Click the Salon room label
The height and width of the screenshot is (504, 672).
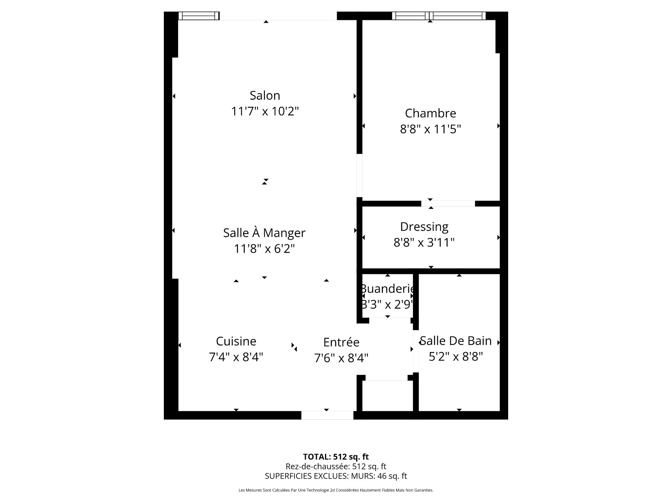click(x=265, y=96)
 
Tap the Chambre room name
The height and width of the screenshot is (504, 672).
click(x=430, y=113)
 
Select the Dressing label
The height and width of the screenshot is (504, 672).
click(x=424, y=227)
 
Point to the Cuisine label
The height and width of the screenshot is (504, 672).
click(x=236, y=341)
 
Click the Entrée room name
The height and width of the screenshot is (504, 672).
click(x=341, y=342)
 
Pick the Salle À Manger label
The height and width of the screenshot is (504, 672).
click(x=264, y=232)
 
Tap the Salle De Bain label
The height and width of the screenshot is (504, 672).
click(x=456, y=341)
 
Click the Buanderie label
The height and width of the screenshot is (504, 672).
click(x=387, y=289)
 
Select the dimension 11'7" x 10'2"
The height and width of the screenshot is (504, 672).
click(x=265, y=112)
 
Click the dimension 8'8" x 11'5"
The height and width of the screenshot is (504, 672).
click(x=430, y=129)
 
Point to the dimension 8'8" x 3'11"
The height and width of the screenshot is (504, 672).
click(x=424, y=243)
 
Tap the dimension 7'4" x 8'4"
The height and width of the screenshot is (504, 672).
click(x=236, y=357)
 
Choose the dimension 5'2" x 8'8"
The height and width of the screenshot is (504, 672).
click(x=456, y=357)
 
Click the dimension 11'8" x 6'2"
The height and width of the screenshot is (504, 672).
click(x=264, y=249)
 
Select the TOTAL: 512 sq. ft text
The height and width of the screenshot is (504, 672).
click(x=336, y=457)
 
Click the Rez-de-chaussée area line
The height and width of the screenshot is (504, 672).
click(x=336, y=467)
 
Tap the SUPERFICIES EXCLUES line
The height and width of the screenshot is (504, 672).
click(x=336, y=476)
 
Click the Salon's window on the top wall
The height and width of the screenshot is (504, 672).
click(x=199, y=16)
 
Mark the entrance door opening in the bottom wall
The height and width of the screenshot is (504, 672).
click(x=327, y=415)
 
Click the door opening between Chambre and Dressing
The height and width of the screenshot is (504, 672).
click(x=448, y=204)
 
